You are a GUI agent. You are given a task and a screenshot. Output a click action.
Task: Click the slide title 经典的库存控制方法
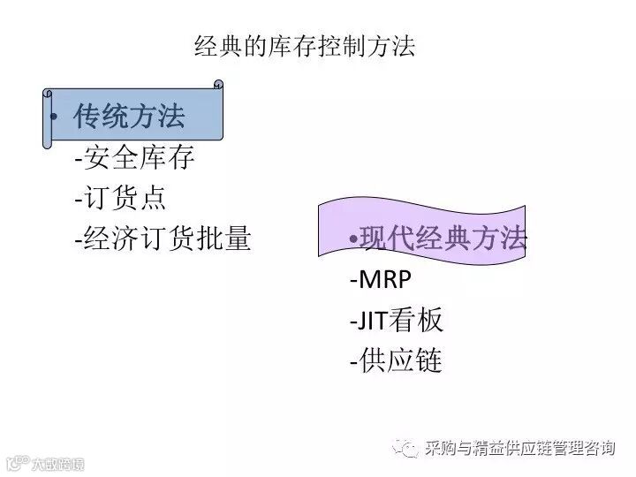304,47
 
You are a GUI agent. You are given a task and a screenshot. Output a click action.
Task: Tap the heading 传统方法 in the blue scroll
129,117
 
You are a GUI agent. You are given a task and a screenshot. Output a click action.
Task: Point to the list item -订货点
120,198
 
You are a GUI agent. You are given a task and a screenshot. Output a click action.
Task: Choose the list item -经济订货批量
163,238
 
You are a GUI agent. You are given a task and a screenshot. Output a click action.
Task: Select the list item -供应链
396,360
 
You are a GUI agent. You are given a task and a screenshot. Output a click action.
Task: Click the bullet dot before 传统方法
55,118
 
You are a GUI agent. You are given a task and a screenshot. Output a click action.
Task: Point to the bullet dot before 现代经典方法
354,238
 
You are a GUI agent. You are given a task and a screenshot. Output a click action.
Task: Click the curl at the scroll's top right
217,86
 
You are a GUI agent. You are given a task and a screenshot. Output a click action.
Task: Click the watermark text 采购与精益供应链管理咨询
519,448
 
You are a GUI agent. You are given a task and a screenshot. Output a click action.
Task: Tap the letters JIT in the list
373,320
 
